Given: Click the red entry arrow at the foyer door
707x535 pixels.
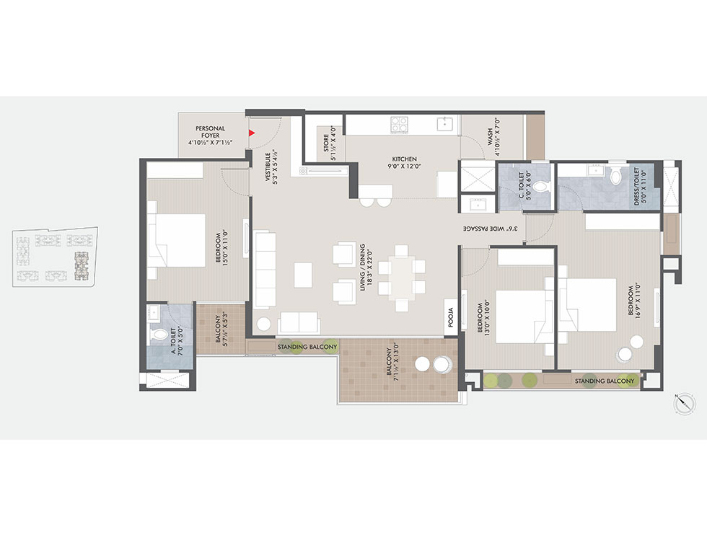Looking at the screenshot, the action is pyautogui.click(x=252, y=133).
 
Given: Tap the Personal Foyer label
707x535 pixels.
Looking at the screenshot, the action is pyautogui.click(x=210, y=136).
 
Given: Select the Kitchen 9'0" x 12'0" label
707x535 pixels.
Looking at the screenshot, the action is pyautogui.click(x=405, y=162).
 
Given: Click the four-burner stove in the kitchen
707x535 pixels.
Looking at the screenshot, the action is pyautogui.click(x=399, y=124).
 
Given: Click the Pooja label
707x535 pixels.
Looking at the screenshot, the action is pyautogui.click(x=451, y=317).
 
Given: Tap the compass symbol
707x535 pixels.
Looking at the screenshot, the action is pyautogui.click(x=684, y=403).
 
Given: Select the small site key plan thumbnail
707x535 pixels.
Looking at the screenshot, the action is pyautogui.click(x=55, y=257).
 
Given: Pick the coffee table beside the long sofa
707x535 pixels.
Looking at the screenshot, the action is pyautogui.click(x=303, y=275).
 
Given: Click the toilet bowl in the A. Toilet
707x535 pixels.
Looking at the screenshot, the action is pyautogui.click(x=159, y=334).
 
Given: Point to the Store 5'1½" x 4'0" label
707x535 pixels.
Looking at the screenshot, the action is pyautogui.click(x=330, y=143).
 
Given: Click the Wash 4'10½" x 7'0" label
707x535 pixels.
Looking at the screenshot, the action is pyautogui.click(x=493, y=136).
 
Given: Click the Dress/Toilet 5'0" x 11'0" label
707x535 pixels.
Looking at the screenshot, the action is pyautogui.click(x=640, y=186).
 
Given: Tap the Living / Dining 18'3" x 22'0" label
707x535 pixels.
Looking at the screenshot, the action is pyautogui.click(x=365, y=267).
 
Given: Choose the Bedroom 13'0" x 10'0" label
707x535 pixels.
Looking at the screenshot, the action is pyautogui.click(x=483, y=317).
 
